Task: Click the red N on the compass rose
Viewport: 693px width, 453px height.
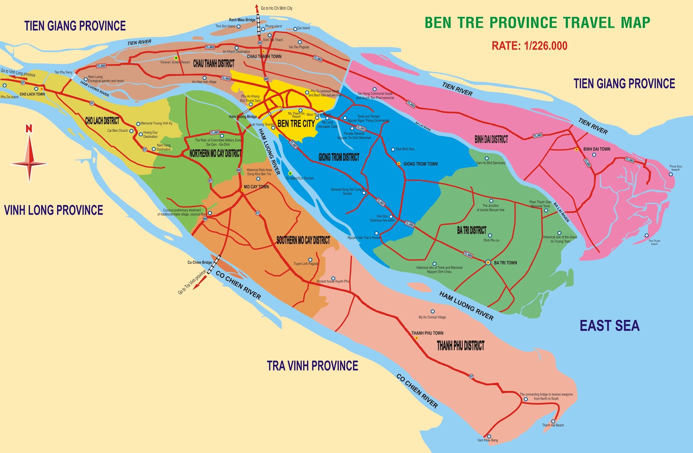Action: point(29,129)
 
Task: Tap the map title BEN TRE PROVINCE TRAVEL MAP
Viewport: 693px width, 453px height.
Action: point(537,23)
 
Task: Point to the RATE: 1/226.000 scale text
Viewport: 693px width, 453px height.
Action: point(529,46)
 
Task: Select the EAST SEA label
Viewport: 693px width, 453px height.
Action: point(609,326)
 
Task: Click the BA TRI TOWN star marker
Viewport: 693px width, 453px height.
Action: point(488,262)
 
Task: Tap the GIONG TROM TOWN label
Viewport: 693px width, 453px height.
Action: point(420,164)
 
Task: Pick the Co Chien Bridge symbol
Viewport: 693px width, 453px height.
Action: point(214,265)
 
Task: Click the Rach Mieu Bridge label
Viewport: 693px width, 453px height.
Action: point(242,20)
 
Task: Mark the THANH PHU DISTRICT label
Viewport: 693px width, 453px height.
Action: point(460,345)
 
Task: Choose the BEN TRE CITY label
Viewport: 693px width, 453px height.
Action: point(296,124)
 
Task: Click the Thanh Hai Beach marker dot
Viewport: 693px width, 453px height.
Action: point(553,421)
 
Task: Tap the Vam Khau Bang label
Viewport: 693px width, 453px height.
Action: point(488,440)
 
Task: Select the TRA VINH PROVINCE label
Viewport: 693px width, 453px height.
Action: point(312,366)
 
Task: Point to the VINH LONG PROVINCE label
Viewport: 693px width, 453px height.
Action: point(54,210)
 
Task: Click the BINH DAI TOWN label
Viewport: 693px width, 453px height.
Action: point(596,149)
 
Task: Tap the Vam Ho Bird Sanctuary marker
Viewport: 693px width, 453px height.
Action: point(486,158)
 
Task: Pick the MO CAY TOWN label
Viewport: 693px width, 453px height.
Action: point(256,187)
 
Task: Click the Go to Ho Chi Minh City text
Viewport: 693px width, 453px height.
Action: point(277,8)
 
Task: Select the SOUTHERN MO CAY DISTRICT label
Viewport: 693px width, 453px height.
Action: point(303,240)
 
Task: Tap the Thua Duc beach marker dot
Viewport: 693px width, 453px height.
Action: point(670,174)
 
